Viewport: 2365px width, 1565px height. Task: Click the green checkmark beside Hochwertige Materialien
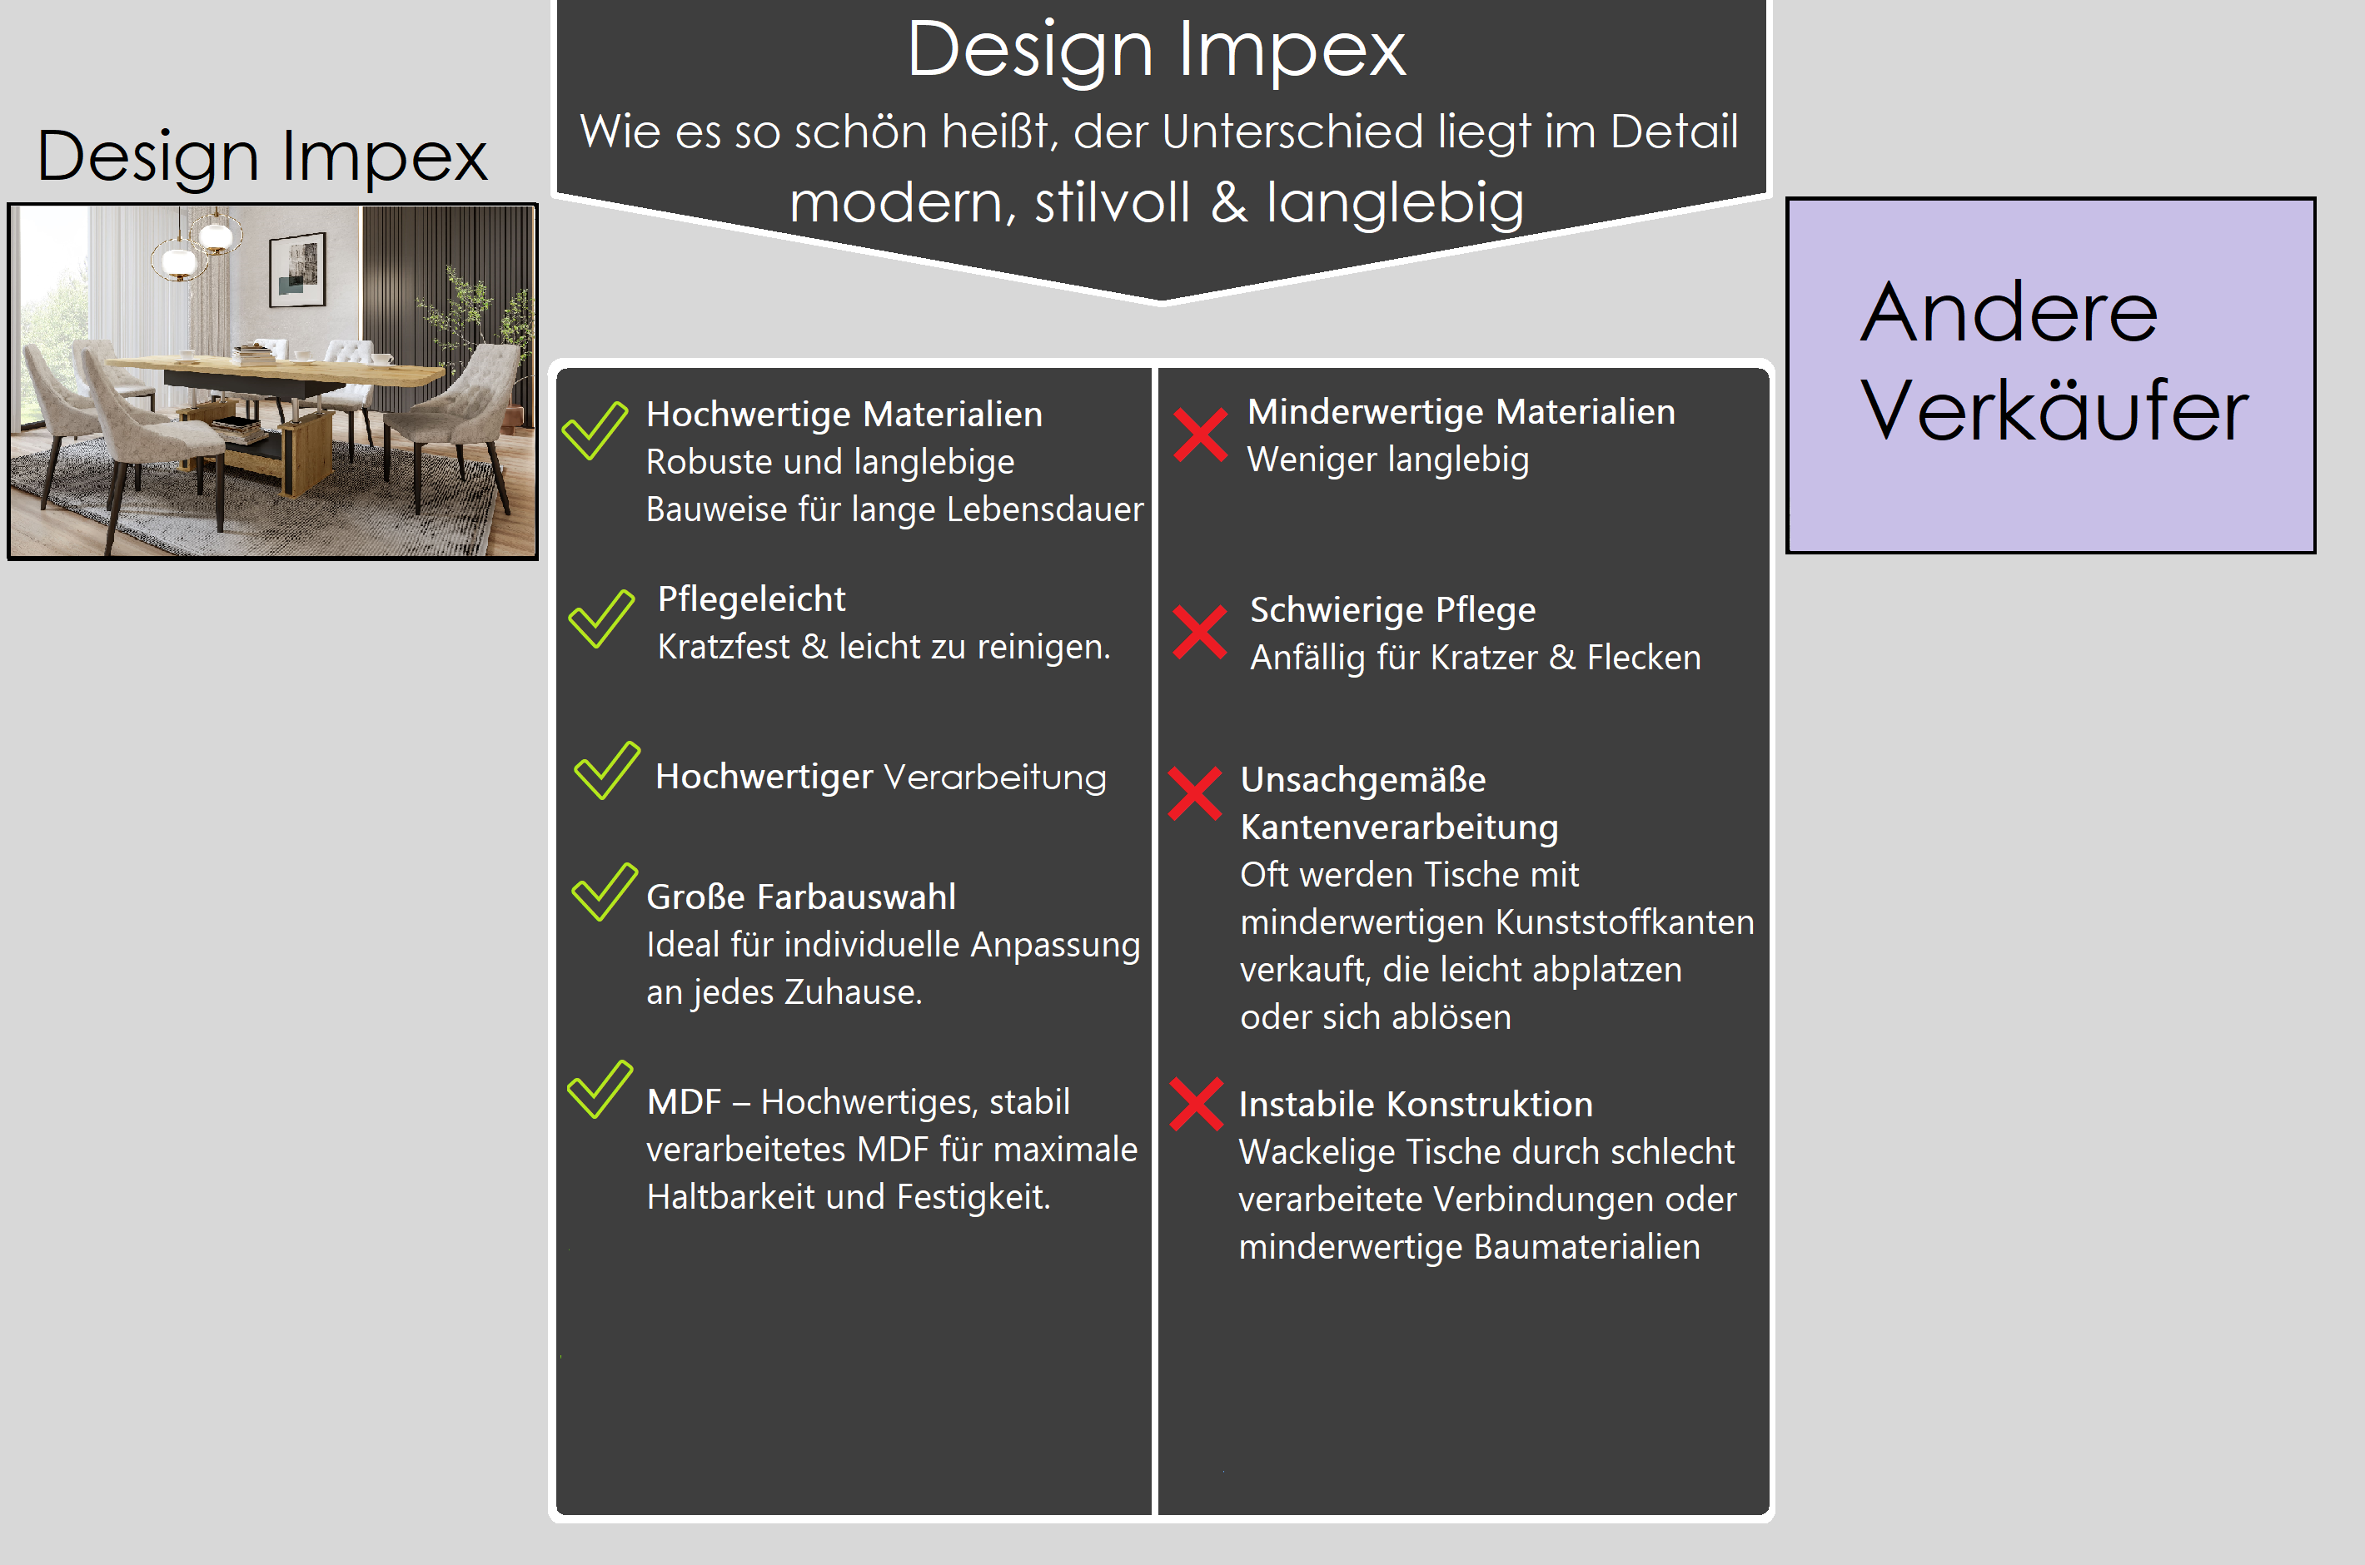595,431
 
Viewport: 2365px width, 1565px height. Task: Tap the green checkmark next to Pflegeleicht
601,619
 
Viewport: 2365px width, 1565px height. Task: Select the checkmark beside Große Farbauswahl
604,892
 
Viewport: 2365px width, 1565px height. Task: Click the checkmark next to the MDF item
600,1089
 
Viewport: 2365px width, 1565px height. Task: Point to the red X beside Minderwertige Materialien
1200,435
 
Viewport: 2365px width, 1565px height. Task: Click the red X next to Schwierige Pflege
1200,632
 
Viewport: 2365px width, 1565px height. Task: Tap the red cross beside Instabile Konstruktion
1196,1104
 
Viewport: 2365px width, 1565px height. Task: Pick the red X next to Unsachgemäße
1195,793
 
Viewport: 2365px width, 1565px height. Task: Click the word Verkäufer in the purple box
2054,410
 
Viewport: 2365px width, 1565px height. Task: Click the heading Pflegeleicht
751,599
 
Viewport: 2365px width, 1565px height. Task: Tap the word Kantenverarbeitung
1399,827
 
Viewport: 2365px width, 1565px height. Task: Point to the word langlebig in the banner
1395,204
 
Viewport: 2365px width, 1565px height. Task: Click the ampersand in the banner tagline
1228,202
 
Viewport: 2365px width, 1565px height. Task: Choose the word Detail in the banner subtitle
1674,131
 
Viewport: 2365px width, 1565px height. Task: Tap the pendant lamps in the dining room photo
197,246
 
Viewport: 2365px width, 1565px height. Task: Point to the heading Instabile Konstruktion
1416,1104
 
